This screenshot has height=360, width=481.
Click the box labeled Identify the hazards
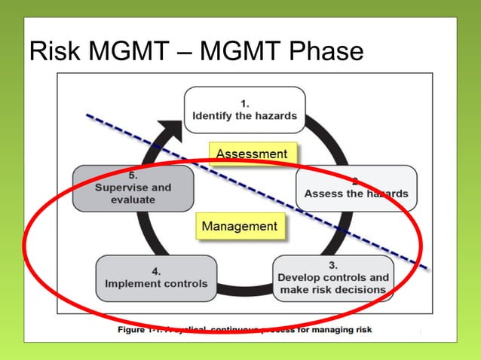tap(244, 110)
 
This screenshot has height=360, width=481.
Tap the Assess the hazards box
tap(356, 188)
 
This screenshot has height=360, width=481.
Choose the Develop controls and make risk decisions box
tap(333, 278)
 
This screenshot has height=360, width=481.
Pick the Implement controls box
tap(157, 278)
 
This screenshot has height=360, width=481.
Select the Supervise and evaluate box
tap(133, 188)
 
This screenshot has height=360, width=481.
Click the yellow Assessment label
tap(251, 154)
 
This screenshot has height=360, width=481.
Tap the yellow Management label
tap(240, 226)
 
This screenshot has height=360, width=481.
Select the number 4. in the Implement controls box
tap(156, 270)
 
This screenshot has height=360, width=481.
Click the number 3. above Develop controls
tap(333, 265)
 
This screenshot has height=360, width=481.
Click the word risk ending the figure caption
tap(361, 330)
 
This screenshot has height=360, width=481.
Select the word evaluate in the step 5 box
tap(133, 200)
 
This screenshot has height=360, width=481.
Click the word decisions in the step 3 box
tap(361, 290)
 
